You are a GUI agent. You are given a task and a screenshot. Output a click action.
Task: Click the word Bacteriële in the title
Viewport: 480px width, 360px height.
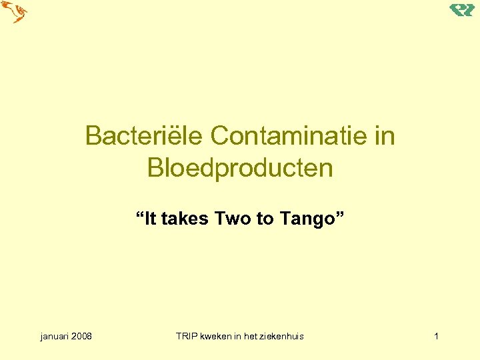tap(145, 136)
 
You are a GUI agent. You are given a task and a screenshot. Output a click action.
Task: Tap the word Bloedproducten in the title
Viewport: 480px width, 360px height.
tap(240, 168)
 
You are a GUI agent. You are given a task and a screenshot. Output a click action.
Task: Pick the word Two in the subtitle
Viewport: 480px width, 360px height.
tap(233, 218)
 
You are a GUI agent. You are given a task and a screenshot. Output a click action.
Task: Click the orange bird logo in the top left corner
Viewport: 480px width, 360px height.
tap(15, 12)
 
